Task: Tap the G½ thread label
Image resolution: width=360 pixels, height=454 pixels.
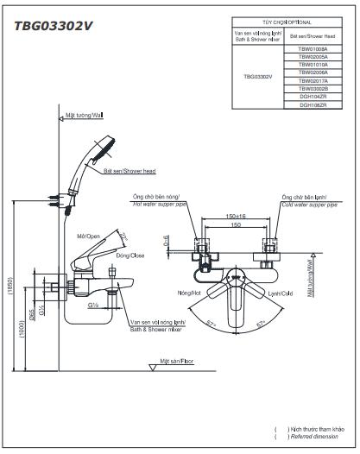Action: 92,304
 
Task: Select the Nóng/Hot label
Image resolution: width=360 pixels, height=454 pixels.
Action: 190,293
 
